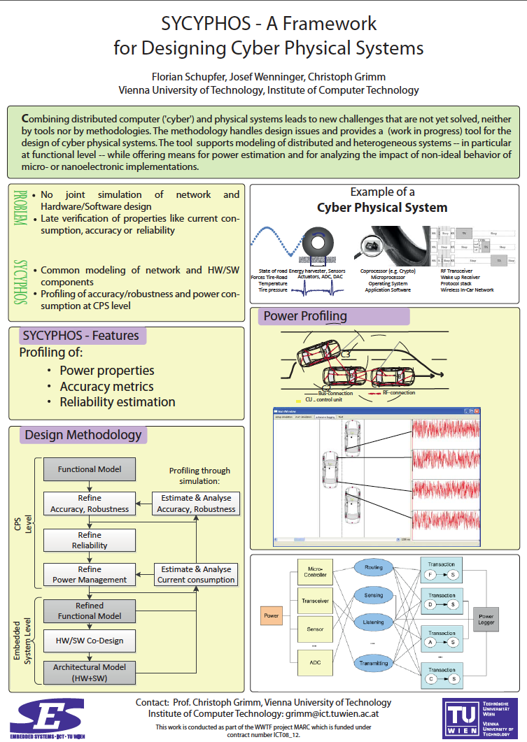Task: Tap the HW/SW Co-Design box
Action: point(89,640)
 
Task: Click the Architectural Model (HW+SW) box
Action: point(89,672)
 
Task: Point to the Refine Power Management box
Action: point(89,574)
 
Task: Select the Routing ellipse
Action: point(374,568)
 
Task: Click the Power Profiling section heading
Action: point(304,316)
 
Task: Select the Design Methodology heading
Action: point(83,435)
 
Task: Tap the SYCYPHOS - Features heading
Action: point(80,336)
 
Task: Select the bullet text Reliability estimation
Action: point(118,402)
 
